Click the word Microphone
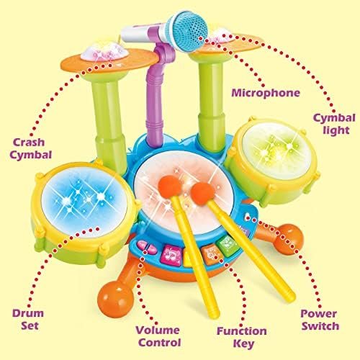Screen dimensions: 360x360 click(266, 93)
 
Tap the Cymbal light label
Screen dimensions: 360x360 click(334, 124)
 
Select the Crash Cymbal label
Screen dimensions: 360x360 click(30, 149)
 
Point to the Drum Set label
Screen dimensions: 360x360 click(28, 320)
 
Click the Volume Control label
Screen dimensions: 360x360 click(158, 336)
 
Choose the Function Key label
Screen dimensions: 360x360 click(242, 337)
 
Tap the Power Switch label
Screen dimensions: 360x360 click(320, 320)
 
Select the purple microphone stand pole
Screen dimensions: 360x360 click(157, 96)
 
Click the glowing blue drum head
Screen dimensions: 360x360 click(84, 202)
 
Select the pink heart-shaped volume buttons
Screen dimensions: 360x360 click(147, 248)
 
